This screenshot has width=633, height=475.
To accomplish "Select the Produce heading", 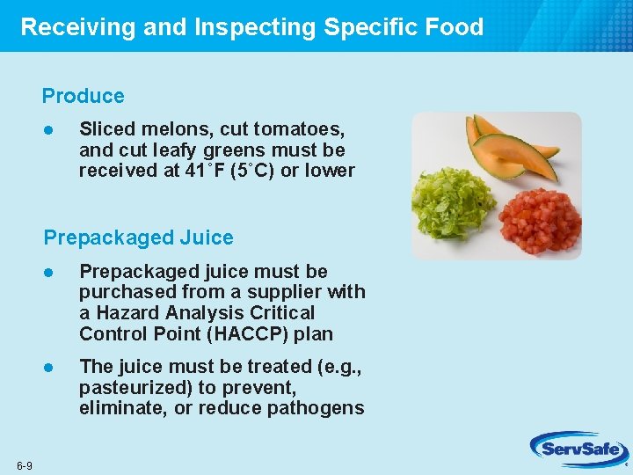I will (x=84, y=96).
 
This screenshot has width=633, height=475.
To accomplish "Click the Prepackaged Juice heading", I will (x=139, y=237).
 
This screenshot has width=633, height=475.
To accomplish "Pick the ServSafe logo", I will (x=576, y=450).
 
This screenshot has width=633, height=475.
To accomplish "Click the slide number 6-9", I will (x=24, y=465).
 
